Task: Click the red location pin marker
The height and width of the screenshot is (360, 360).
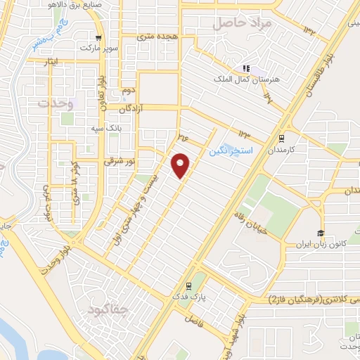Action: click(181, 165)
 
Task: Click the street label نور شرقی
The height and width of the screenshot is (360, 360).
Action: click(119, 161)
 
